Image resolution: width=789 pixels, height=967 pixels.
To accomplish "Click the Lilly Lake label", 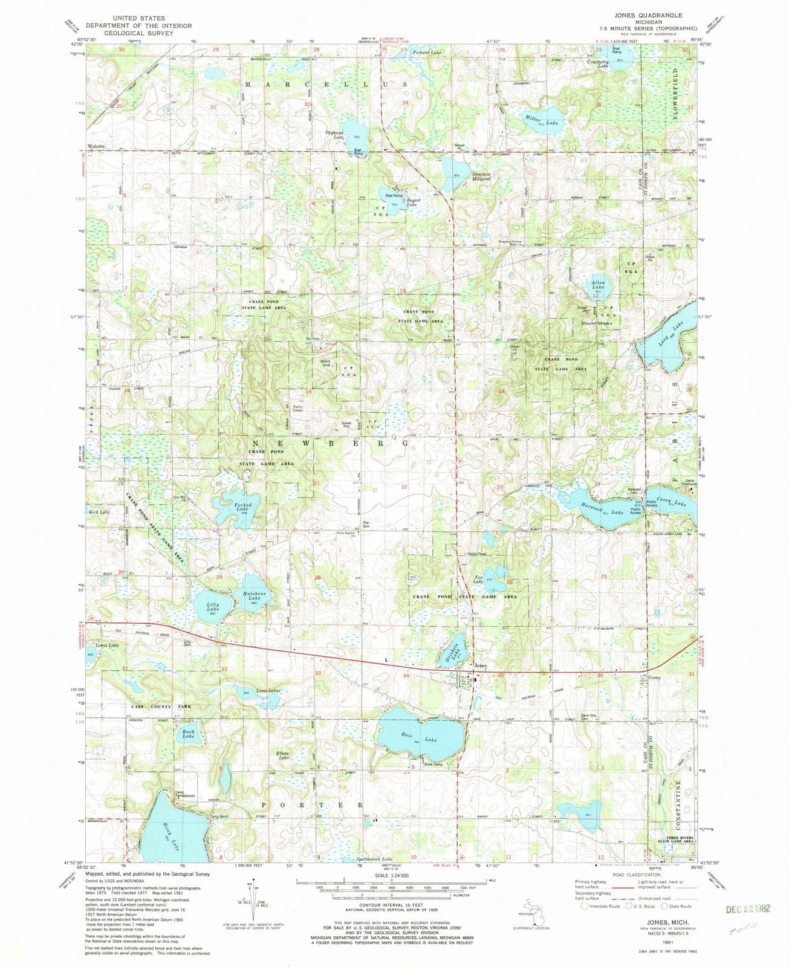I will pos(212,607).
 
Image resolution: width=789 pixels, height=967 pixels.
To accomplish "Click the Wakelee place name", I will pos(97,146).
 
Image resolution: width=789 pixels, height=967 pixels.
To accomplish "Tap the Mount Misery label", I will pos(597,323).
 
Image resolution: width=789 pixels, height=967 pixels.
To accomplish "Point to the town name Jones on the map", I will pos(480,666).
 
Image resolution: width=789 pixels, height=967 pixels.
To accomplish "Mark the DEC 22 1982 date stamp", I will pos(748,908).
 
